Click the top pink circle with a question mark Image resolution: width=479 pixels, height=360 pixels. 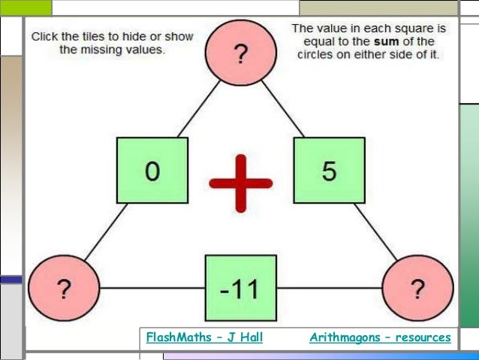(240, 54)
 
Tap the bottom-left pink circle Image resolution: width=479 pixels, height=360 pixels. (64, 288)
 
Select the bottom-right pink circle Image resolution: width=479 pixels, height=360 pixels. (417, 288)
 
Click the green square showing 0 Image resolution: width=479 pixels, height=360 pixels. (152, 172)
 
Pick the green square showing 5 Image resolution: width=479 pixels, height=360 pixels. (329, 172)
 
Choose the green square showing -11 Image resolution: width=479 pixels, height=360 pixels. (240, 288)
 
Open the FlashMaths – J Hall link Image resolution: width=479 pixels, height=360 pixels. (204, 338)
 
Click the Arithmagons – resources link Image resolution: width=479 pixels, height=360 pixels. (380, 338)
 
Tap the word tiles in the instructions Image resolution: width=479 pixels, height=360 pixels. (96, 36)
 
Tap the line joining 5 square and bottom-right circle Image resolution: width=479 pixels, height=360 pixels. (374, 232)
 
